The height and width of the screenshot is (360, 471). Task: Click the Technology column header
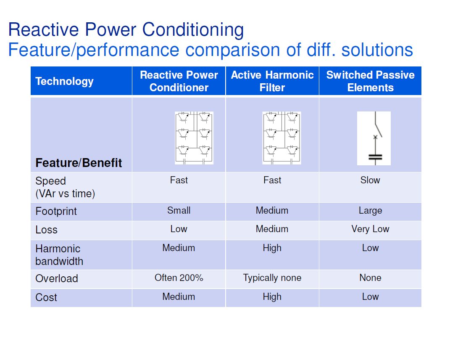64,81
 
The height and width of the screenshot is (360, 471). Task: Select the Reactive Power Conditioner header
179,81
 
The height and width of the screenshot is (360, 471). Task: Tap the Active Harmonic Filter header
272,81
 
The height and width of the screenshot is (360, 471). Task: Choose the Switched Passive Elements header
370,81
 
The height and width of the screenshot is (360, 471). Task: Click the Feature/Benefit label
79,163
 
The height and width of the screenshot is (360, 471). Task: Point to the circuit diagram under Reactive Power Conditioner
194,138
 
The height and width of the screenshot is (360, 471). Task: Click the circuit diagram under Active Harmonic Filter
282,138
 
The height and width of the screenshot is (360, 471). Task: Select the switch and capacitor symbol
374,138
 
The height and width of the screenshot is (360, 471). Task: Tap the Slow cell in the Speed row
370,180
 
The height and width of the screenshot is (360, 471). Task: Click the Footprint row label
56,211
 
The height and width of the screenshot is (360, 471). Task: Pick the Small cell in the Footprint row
179,210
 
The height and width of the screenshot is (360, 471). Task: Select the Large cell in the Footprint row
370,210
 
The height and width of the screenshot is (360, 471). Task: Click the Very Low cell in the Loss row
370,229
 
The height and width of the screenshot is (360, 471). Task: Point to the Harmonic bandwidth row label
59,255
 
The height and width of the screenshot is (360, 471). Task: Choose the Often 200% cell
179,278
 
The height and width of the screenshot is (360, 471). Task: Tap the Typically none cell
272,278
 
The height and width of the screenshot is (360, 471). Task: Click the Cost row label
46,297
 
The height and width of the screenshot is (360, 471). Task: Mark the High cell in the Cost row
272,296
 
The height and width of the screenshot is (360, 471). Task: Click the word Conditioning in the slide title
193,30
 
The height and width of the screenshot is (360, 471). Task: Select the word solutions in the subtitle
377,50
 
